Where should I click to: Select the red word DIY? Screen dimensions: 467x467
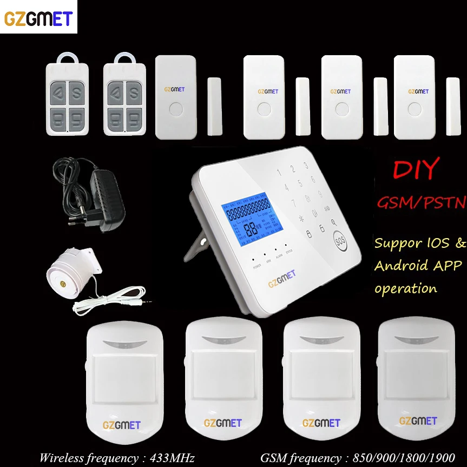coord(415,170)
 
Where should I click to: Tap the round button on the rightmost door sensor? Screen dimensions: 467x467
coord(415,106)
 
